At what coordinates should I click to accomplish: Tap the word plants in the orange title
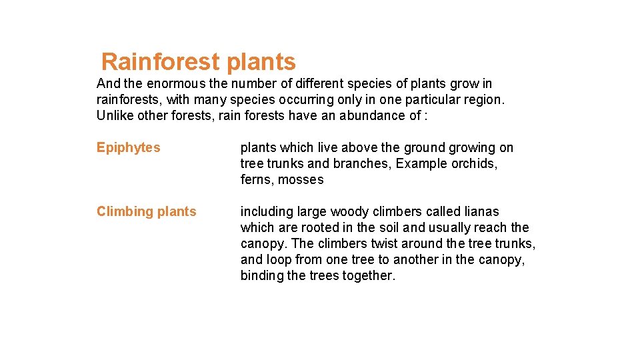(261, 62)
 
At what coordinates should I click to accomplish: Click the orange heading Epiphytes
(129, 147)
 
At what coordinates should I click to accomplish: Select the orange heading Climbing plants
(147, 211)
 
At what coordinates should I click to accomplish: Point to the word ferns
(257, 179)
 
